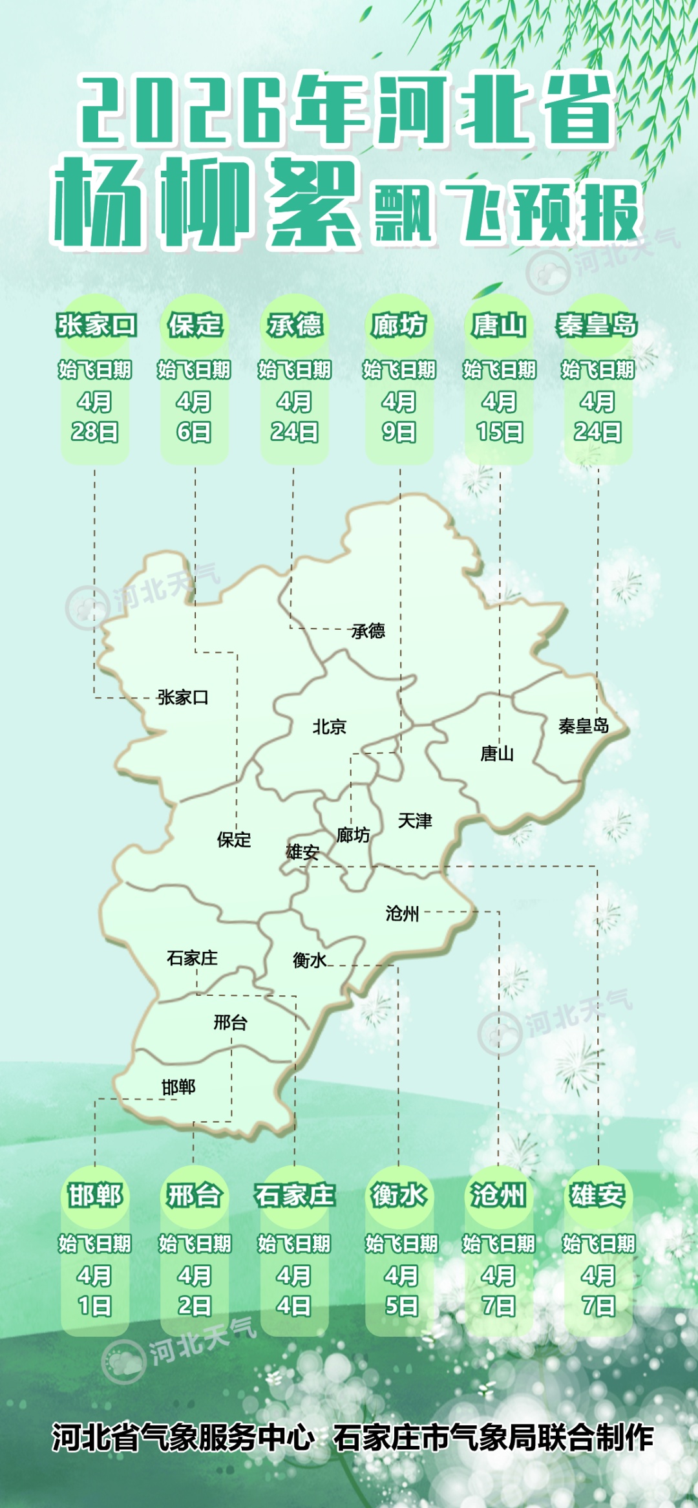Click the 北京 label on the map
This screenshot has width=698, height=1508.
(330, 727)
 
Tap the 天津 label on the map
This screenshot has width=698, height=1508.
(415, 821)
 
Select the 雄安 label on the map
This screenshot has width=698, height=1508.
(302, 852)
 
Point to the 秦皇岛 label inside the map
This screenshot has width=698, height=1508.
(584, 726)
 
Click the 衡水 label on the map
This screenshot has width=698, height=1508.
(310, 960)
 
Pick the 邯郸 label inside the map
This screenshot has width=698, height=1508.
(178, 1087)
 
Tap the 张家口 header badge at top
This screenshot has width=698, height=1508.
(96, 325)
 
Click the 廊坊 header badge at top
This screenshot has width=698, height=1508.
(399, 325)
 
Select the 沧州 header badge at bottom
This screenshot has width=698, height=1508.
(498, 1195)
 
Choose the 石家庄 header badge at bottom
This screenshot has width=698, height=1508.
(295, 1195)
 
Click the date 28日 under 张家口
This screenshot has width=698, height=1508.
(94, 431)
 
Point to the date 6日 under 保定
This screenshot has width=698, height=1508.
(194, 431)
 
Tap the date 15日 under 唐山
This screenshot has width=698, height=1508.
(499, 431)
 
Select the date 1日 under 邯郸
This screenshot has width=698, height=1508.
(94, 1306)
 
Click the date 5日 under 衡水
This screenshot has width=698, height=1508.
(401, 1306)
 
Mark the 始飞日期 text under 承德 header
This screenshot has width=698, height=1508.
(295, 370)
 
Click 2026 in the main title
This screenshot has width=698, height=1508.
(181, 110)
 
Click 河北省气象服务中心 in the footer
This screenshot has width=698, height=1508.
(183, 1438)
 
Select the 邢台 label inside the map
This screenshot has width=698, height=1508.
(231, 1022)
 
